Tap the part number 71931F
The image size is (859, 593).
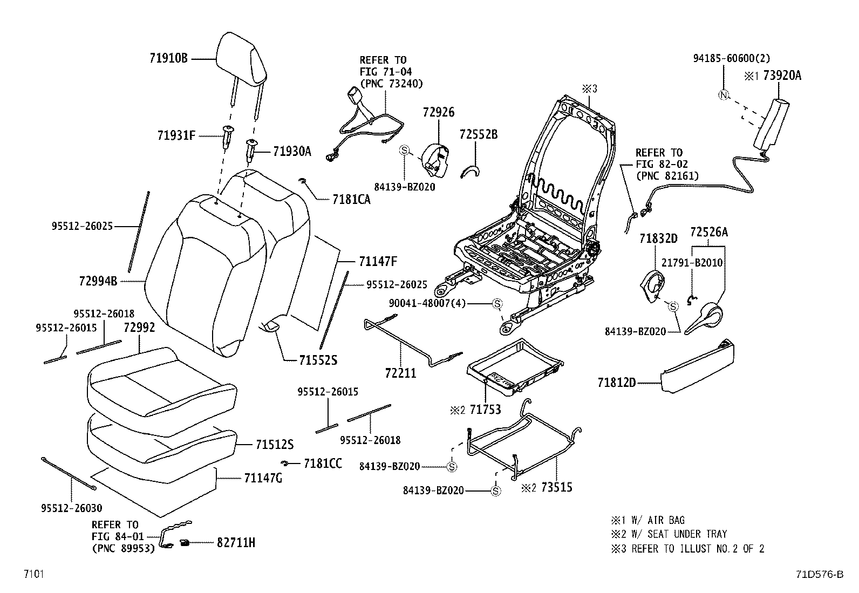[x=176, y=135]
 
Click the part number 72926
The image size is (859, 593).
[x=439, y=112]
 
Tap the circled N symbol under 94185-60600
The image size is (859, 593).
[x=723, y=96]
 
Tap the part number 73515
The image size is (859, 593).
[x=556, y=487]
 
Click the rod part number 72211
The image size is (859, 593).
[x=401, y=373]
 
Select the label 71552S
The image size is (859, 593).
[x=318, y=360]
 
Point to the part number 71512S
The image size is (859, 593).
[x=274, y=445]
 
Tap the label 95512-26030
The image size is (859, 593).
[x=71, y=508]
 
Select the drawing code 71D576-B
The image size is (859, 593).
[x=818, y=574]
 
